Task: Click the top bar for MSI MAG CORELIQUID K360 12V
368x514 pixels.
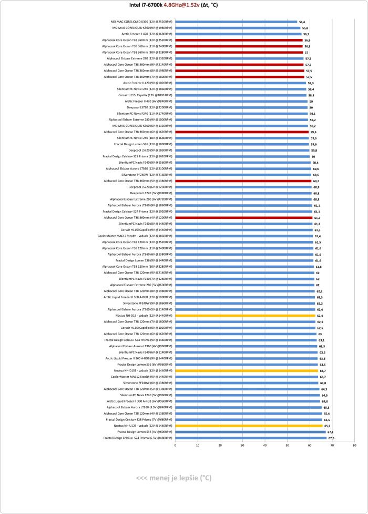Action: coord(236,22)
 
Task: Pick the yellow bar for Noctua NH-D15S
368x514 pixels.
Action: coord(247,370)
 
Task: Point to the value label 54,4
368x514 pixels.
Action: coord(302,22)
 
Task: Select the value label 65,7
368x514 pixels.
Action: coord(327,425)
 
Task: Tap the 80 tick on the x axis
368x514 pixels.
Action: coord(355,445)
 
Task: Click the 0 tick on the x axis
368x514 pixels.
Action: coord(175,445)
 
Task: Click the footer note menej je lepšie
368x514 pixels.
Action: coord(173,478)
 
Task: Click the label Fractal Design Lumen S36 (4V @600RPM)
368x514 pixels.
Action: coord(143,431)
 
